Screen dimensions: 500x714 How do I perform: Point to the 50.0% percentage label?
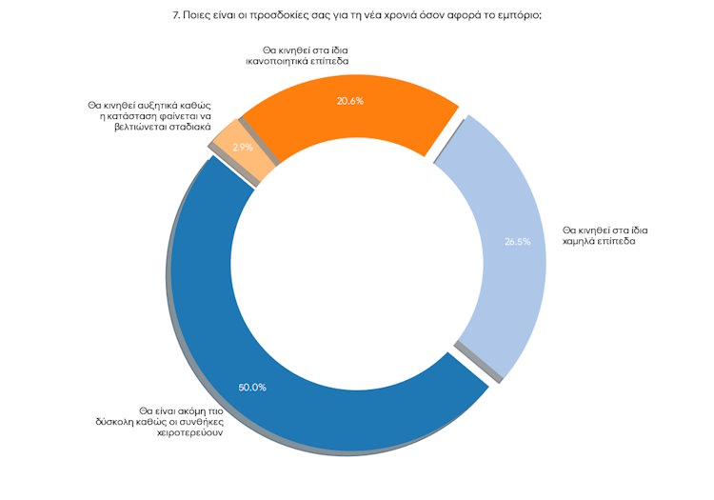click(x=252, y=387)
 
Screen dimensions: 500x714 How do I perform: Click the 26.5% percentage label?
click(x=517, y=241)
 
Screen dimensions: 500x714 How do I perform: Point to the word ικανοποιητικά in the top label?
click(x=269, y=59)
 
